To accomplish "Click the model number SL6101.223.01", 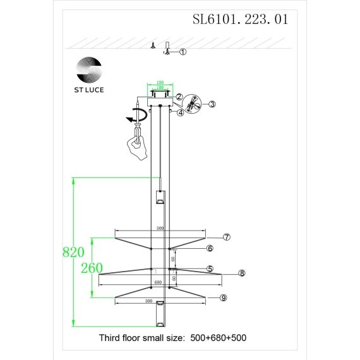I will coord(240,20).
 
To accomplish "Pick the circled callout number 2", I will coord(179,97).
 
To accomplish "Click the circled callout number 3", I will coord(212,104).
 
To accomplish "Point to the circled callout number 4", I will coord(181,113).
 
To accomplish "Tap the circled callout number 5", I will coord(210,268).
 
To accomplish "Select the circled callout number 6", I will coord(210,248).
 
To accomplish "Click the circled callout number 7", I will coord(227,237).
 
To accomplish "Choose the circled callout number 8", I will coord(241,273).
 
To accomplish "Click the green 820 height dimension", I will coord(73,253).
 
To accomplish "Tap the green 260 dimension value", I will coord(92,268).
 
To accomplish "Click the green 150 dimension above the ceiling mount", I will coord(160,82).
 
